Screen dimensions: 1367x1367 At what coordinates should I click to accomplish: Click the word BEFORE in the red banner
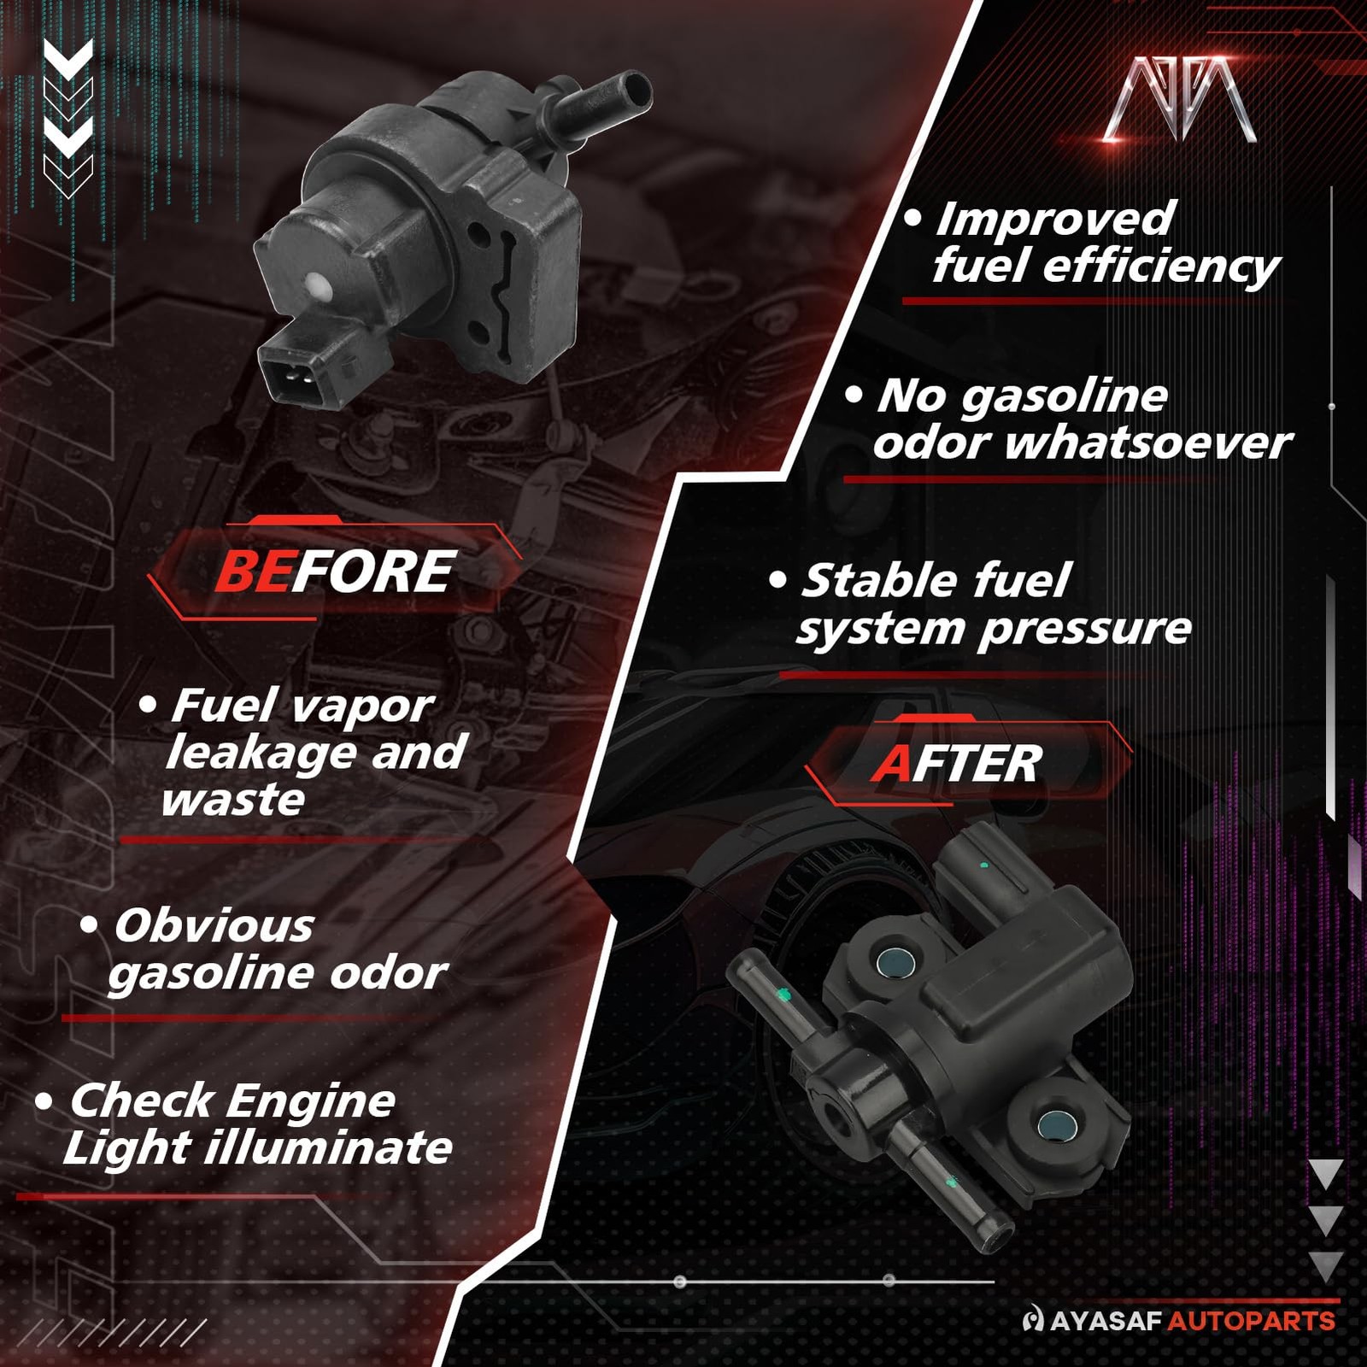(334, 571)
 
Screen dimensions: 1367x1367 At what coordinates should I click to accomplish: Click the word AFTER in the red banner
(956, 763)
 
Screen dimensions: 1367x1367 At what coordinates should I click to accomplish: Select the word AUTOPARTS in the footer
(1251, 1321)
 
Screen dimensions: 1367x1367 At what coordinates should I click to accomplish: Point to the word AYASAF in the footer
(1106, 1321)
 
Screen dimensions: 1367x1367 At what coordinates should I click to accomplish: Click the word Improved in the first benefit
(1056, 220)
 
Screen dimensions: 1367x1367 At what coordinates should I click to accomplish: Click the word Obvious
(214, 925)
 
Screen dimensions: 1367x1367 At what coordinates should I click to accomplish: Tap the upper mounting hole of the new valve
(895, 962)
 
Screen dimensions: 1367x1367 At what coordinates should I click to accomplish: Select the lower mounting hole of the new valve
(1055, 1126)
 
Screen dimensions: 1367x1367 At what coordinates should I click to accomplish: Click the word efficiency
(1161, 267)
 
